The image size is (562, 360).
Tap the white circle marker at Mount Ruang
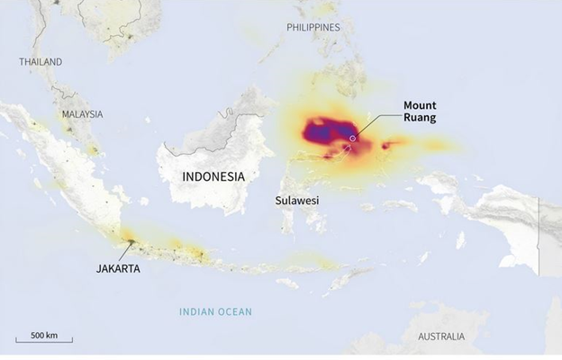[x=354, y=138]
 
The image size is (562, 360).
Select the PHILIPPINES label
[x=313, y=28]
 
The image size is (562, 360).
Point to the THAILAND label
[x=41, y=62]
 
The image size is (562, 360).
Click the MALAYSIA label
[x=83, y=114]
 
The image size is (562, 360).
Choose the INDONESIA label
[x=213, y=176]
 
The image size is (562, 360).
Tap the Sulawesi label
[x=297, y=202]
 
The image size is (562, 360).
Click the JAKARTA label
[x=118, y=267]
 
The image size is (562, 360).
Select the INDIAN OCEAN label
[x=215, y=312]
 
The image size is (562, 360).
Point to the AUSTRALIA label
[x=441, y=337]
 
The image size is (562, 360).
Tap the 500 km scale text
[x=44, y=335]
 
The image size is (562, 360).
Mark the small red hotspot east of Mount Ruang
[x=386, y=145]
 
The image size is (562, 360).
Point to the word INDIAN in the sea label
[x=197, y=312]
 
